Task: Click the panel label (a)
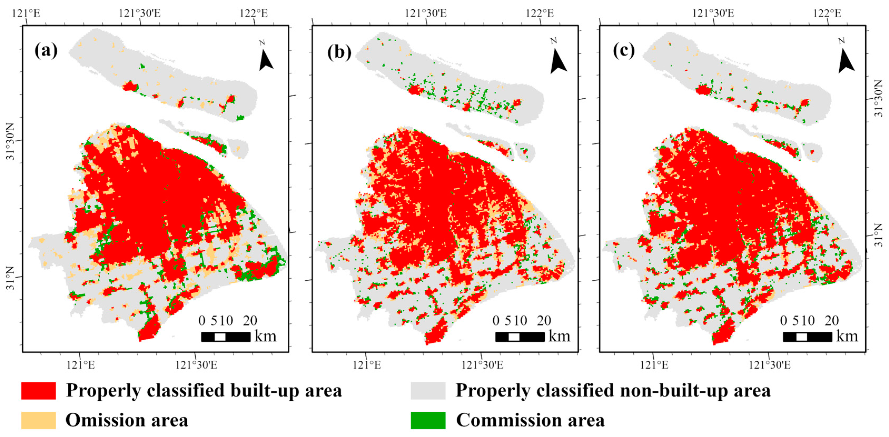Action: (x=46, y=51)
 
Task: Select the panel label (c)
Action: (x=624, y=51)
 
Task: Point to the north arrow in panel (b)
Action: (x=557, y=60)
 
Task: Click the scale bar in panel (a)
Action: (x=226, y=337)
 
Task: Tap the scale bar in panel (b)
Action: (x=520, y=337)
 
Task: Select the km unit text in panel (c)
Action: (x=847, y=336)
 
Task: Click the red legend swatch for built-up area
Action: (x=38, y=390)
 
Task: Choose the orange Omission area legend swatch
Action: (x=38, y=420)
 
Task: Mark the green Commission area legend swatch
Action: (x=428, y=420)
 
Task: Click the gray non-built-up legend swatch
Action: (x=428, y=390)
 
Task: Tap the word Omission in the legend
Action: (x=97, y=420)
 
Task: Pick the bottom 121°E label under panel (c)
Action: (x=654, y=365)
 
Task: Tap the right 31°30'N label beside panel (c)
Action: (x=879, y=98)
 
